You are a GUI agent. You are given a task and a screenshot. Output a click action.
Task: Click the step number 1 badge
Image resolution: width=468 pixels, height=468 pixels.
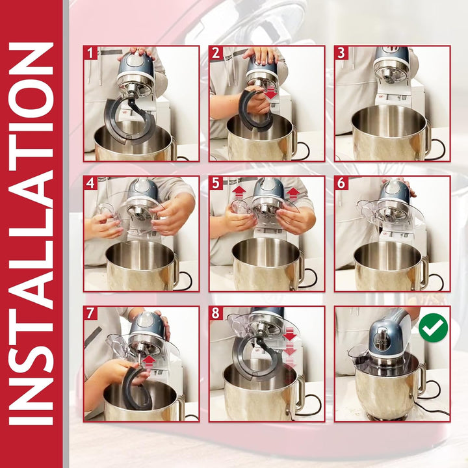coord(90,53)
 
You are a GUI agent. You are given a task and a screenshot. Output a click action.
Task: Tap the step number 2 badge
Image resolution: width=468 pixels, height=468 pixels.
coord(216,53)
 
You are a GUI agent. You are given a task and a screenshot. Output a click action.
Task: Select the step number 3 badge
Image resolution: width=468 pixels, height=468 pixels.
coord(341,53)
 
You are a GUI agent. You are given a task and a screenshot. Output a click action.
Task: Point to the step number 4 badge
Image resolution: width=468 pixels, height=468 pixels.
coord(90,183)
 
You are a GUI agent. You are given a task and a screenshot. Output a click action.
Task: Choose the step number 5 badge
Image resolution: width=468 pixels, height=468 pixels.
coord(216,183)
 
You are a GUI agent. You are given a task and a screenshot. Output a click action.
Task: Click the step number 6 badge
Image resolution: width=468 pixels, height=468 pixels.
coord(341,183)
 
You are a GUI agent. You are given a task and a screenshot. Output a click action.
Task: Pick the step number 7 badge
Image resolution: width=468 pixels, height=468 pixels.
coord(90,313)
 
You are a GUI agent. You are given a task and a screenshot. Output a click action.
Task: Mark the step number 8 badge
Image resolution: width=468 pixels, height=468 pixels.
coord(216,313)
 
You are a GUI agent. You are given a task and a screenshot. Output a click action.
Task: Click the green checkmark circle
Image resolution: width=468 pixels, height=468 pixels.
coord(433,328)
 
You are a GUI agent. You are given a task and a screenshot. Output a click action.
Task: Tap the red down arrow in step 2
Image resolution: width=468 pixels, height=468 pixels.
coord(271,92)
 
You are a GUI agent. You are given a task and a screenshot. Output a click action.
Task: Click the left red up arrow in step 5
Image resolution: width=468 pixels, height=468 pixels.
coord(239,194)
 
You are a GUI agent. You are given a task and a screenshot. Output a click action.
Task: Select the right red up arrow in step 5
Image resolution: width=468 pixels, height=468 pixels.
coord(293,194)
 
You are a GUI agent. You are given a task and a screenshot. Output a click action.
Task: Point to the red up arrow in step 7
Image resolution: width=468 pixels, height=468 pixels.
coord(149,362)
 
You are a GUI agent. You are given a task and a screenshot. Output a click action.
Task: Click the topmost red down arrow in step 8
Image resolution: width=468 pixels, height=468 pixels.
coord(289,334)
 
